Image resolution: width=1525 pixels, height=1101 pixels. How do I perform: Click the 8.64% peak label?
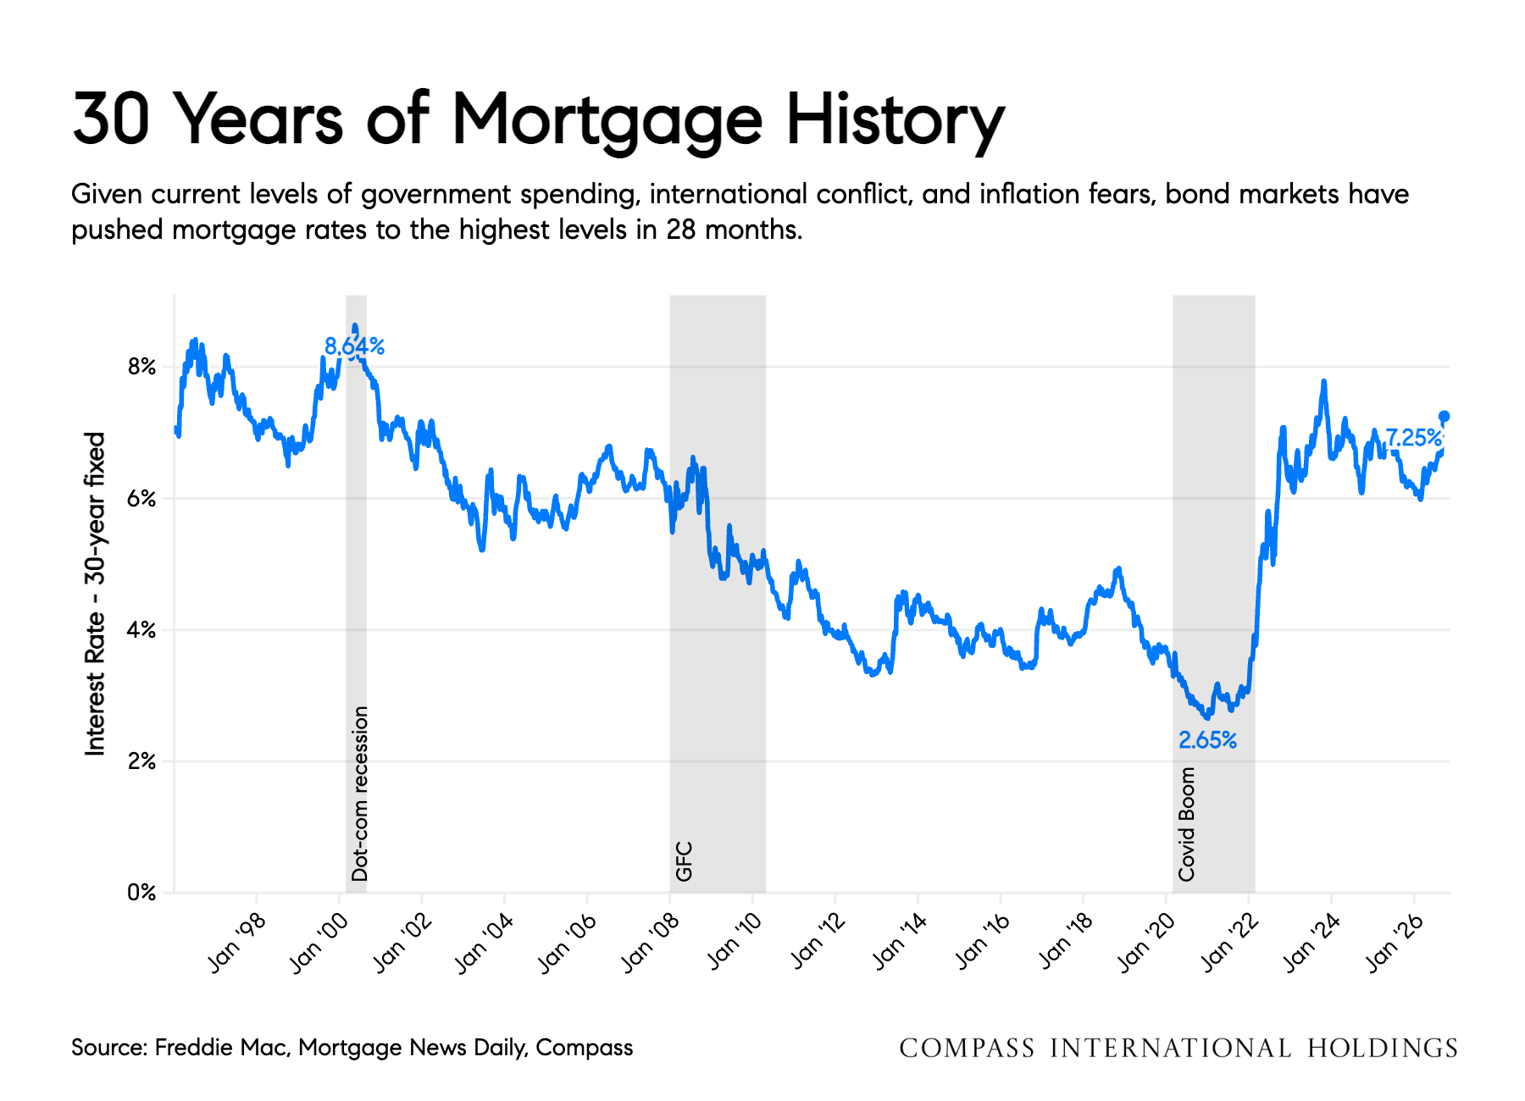tap(355, 346)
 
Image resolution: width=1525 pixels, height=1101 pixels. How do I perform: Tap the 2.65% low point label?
tap(1207, 740)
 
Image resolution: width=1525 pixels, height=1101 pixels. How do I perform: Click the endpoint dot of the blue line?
tap(1445, 416)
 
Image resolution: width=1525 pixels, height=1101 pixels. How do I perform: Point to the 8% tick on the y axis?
tap(141, 367)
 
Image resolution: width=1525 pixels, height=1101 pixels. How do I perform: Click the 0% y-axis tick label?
tap(141, 893)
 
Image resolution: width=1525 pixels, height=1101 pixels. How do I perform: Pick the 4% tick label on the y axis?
tap(141, 630)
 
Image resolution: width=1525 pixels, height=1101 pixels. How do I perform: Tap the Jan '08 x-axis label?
tap(650, 943)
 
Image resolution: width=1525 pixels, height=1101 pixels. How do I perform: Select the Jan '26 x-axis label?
tap(1395, 943)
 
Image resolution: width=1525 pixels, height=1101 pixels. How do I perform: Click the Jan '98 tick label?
tap(236, 943)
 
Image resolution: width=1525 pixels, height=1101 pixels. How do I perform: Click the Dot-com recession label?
tap(360, 794)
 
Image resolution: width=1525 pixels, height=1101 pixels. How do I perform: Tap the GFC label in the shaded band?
tap(684, 861)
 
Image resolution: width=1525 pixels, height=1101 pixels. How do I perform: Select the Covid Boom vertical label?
tap(1186, 824)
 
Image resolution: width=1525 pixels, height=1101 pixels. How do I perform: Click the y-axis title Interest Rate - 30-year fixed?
tap(95, 594)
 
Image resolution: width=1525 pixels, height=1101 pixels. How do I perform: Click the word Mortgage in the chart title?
tap(607, 121)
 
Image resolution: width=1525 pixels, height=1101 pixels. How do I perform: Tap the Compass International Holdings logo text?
tap(1178, 1048)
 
